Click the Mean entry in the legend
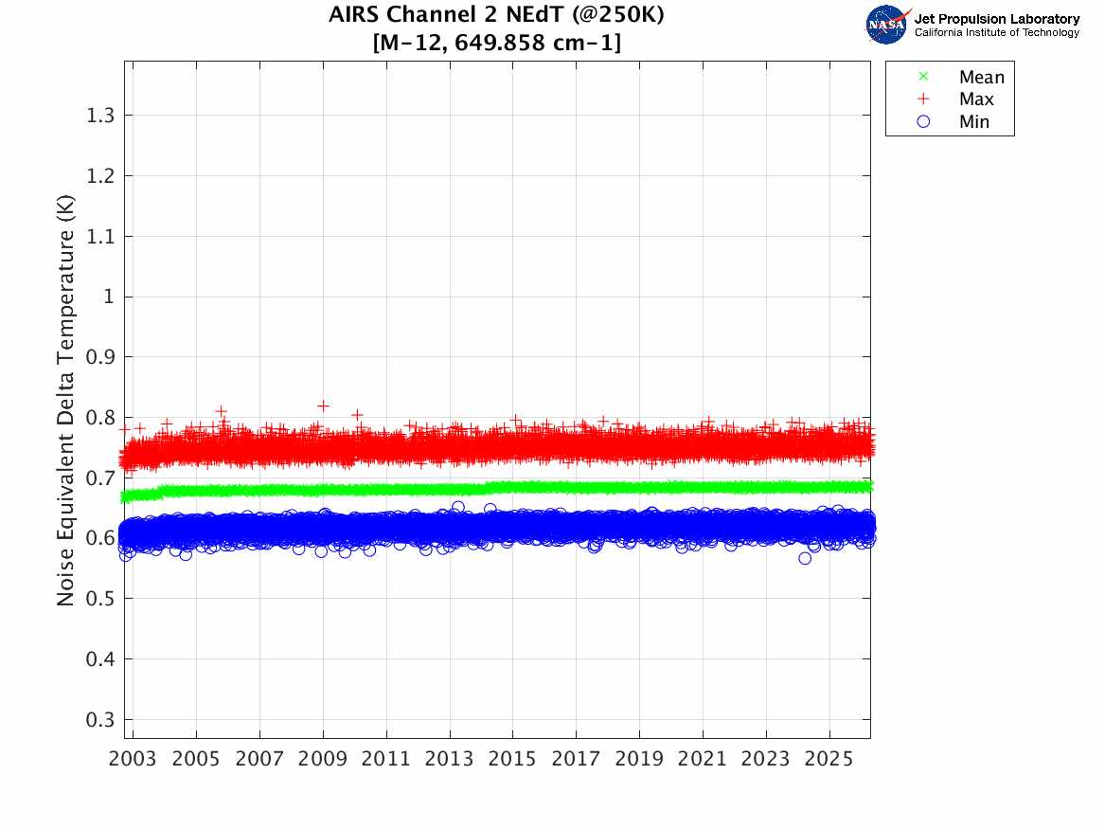980,78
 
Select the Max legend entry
975,99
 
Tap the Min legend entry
974,121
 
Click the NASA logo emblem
887,24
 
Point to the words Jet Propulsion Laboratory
996,18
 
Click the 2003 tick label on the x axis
134,760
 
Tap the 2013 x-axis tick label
450,760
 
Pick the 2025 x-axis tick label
829,760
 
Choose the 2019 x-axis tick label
640,760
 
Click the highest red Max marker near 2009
324,405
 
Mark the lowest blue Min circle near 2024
805,558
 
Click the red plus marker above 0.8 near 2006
222,411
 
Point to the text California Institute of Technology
996,33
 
